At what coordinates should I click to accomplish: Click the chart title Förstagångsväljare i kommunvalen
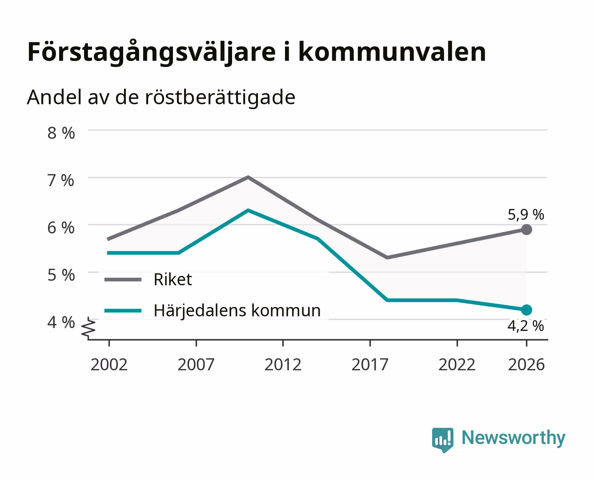point(257,52)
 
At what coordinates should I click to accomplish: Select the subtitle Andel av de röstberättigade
point(161,98)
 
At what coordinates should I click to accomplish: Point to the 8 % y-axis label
point(61,133)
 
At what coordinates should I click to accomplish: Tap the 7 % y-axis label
point(61,180)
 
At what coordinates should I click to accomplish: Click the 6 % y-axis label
point(61,228)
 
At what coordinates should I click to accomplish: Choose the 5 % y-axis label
point(61,275)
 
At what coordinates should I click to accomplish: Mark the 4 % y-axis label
point(61,323)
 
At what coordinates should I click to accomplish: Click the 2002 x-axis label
point(109,364)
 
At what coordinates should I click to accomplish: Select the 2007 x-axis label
point(196,364)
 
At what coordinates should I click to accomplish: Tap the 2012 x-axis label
point(283,364)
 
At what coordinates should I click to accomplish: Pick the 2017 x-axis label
point(370,364)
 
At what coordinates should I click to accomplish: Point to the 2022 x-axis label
point(457,364)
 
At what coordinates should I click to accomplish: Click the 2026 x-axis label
point(526,364)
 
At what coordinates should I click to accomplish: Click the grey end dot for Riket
point(526,230)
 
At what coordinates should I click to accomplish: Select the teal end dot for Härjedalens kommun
point(526,310)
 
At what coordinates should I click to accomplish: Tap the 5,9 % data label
point(526,215)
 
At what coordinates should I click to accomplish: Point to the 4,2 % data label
point(526,326)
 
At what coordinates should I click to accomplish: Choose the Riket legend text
point(173,279)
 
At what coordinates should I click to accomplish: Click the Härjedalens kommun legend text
point(237,311)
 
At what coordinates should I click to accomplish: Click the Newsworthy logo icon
point(442,440)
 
